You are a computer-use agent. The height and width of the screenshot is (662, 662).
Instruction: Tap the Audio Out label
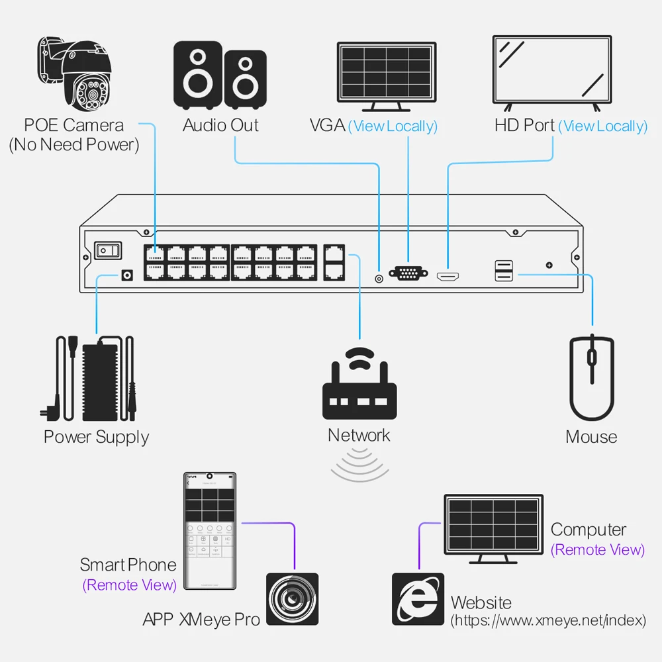click(x=220, y=125)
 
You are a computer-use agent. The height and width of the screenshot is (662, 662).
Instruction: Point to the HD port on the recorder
click(x=448, y=275)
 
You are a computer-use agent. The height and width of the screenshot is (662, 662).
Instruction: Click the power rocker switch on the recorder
click(x=109, y=250)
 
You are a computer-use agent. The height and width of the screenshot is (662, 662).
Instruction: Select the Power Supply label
click(x=97, y=437)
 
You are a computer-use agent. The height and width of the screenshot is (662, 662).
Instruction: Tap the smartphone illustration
click(x=209, y=531)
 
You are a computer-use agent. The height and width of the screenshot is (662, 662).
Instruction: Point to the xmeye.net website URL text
click(x=547, y=621)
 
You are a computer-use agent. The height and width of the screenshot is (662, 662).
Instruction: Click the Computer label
click(x=588, y=530)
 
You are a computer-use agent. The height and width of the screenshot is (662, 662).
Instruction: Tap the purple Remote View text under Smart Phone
click(x=130, y=585)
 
